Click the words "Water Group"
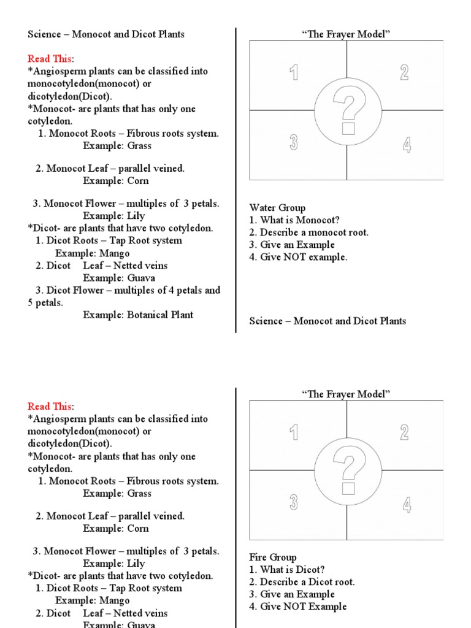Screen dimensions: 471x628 [x=277, y=208]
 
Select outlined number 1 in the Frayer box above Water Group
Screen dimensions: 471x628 [x=294, y=73]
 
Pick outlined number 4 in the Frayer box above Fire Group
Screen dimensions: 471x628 [x=407, y=505]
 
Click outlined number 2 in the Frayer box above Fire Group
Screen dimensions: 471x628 [x=404, y=432]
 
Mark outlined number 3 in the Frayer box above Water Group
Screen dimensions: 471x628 [x=294, y=143]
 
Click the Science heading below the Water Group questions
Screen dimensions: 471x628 [x=327, y=321]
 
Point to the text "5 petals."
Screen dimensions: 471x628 [x=45, y=302]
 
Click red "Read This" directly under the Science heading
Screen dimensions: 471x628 [x=50, y=59]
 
